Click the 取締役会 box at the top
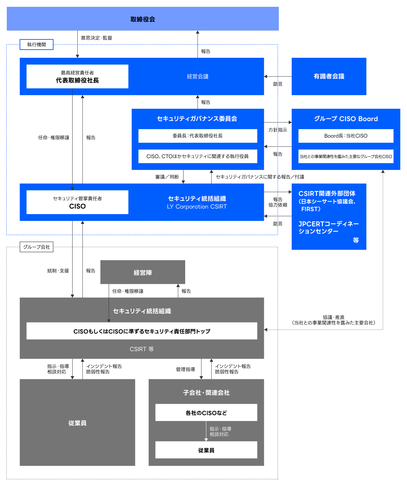click(142, 19)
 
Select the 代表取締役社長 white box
click(77, 76)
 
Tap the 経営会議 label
click(197, 76)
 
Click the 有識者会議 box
click(329, 76)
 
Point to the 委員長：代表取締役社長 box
click(197, 136)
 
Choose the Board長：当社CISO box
click(346, 136)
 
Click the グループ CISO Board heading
click(346, 119)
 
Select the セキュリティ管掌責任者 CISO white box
click(77, 202)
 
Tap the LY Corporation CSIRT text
click(197, 207)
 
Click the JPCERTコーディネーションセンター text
click(328, 227)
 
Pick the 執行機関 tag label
click(37, 45)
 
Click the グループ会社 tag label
click(37, 247)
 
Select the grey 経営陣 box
click(142, 272)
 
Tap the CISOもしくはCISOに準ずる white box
click(142, 331)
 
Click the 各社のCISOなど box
click(206, 413)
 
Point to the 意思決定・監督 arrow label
click(96, 38)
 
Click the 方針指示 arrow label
click(278, 130)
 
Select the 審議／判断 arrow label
click(167, 177)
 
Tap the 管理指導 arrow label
click(185, 369)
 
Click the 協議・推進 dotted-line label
click(333, 317)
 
